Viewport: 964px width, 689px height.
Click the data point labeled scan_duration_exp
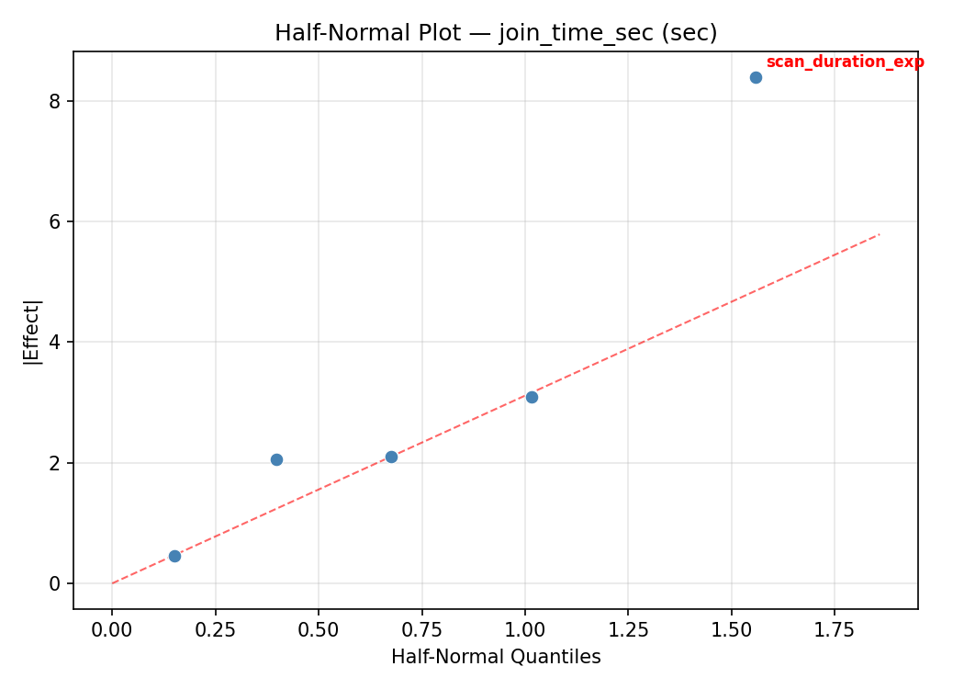[x=756, y=77]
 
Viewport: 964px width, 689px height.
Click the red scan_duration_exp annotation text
[x=845, y=62]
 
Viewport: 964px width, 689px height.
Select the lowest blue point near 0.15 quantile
[x=174, y=556]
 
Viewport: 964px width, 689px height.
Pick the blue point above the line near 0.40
[x=276, y=459]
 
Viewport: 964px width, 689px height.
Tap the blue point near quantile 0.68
[x=391, y=457]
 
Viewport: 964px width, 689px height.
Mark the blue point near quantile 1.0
[x=532, y=397]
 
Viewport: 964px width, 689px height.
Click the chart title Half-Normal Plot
[x=496, y=33]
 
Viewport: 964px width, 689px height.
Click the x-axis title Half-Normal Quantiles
[x=496, y=657]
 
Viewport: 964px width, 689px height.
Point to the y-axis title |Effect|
[x=32, y=332]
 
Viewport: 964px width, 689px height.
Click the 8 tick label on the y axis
[x=55, y=101]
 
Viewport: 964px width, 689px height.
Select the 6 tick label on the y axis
[x=55, y=221]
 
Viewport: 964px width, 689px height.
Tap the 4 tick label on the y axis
[x=55, y=342]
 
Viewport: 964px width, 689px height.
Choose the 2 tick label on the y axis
[x=55, y=463]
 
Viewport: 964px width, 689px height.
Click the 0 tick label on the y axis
[x=55, y=583]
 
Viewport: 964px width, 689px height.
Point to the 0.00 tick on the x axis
[x=112, y=629]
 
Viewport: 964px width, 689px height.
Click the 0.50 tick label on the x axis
[x=319, y=629]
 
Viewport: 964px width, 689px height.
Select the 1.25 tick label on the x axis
[x=628, y=629]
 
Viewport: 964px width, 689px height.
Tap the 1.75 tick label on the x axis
[x=835, y=629]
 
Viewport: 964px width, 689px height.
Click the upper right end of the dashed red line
[x=880, y=234]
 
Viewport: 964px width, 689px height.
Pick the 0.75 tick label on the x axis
[x=421, y=629]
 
